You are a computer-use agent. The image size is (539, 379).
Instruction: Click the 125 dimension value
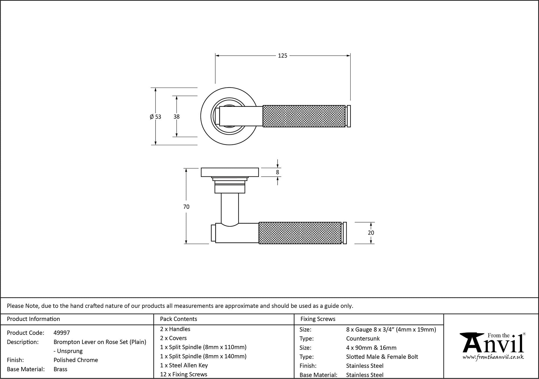[x=282, y=56]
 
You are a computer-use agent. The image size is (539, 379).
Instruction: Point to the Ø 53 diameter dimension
[x=156, y=117]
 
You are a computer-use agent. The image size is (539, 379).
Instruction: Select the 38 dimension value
[x=177, y=117]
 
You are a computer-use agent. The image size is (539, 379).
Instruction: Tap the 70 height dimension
[x=186, y=207]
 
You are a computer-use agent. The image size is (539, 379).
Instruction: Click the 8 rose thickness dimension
[x=278, y=172]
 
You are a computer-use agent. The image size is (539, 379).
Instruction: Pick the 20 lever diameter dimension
[x=371, y=233]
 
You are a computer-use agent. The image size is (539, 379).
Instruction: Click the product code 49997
[x=62, y=333]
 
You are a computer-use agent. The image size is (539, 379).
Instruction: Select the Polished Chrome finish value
[x=76, y=360]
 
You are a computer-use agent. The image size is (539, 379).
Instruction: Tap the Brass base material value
[x=60, y=369]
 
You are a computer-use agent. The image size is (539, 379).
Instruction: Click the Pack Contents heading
[x=178, y=319]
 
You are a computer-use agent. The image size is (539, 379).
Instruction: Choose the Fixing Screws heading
[x=318, y=319]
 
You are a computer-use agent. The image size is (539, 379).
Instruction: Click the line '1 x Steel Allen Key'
[x=184, y=366]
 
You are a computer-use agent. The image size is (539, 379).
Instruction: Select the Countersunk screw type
[x=363, y=339]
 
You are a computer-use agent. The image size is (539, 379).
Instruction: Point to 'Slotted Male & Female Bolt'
[x=382, y=357]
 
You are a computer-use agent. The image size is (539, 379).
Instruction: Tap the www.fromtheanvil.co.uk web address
[x=493, y=357]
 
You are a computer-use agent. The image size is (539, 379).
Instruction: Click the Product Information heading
[x=33, y=319]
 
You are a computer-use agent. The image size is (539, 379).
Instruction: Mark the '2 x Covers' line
[x=173, y=338]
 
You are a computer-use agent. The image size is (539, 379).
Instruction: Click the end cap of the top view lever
[x=349, y=116]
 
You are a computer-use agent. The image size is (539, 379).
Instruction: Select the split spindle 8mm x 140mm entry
[x=203, y=356]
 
